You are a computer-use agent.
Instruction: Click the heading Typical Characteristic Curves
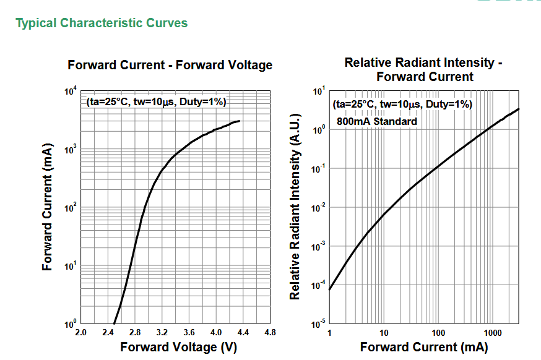click(102, 24)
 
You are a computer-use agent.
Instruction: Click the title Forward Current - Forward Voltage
click(170, 65)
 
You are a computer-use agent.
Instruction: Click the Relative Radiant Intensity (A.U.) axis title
click(295, 207)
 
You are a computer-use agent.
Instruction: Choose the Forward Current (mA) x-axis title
click(423, 347)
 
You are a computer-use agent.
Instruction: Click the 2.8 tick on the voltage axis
click(135, 333)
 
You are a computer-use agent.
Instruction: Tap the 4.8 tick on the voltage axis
click(270, 333)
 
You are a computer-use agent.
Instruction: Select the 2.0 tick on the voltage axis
click(80, 333)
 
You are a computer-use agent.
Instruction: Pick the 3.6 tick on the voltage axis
click(189, 333)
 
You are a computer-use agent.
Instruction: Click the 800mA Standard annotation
click(376, 122)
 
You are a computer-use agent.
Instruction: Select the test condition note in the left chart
click(156, 101)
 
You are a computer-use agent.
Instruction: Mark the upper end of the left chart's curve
click(240, 121)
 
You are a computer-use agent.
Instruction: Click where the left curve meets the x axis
click(114, 324)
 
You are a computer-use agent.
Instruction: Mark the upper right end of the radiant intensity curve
click(519, 109)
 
